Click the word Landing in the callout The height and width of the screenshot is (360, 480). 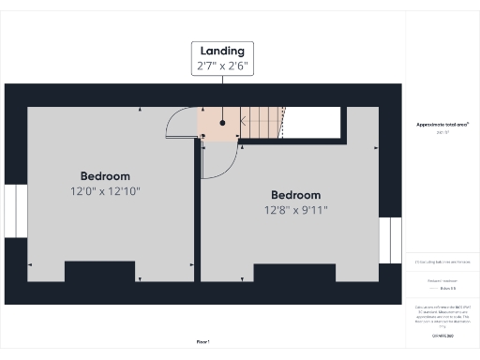pos(221,51)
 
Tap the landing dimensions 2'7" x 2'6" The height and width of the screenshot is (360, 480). pos(221,67)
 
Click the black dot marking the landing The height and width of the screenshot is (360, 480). pos(222,122)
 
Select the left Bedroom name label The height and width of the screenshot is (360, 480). pos(105,176)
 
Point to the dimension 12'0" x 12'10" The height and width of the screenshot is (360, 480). pos(105,191)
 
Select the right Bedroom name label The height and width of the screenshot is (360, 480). pos(295,196)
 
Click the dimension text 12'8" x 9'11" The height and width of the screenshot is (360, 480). pos(295,211)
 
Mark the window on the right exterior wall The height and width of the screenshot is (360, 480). pos(390,241)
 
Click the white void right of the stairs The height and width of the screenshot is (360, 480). pos(313,122)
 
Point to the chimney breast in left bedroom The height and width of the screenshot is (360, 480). pos(99,271)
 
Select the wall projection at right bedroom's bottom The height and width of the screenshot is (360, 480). pos(294,273)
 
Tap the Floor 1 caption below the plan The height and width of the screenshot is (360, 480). pos(202,342)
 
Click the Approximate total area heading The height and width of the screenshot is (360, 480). pos(442,125)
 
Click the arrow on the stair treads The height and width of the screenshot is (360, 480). pos(246,120)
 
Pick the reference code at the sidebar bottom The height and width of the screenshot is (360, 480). pos(442,335)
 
